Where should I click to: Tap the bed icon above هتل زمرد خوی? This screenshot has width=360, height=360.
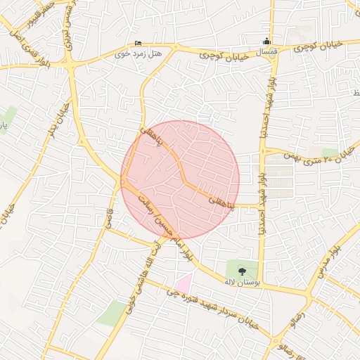pos(137,42)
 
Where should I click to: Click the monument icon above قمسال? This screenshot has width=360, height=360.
pos(266,41)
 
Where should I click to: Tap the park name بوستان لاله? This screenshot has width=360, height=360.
pos(243,281)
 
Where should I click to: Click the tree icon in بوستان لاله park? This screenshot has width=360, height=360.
pos(243,269)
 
